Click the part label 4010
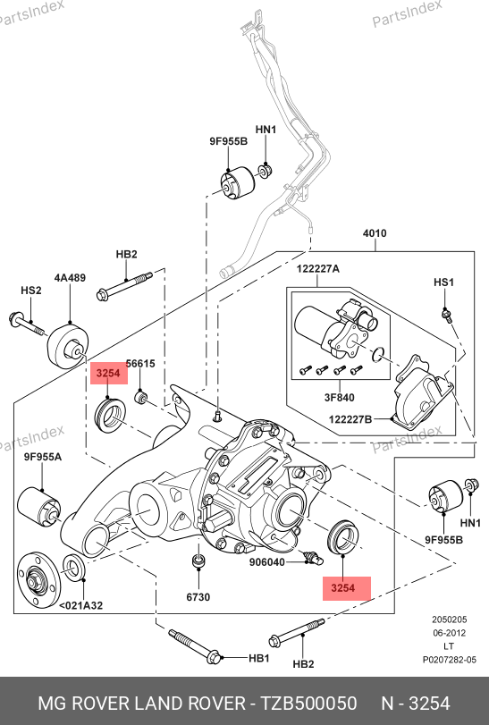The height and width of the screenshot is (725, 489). pos(375,233)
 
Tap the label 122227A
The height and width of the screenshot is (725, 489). pos(317,269)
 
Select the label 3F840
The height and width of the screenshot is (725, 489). pos(339,397)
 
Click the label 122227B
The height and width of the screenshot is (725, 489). pos(350,419)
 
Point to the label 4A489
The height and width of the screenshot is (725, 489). pos(70,278)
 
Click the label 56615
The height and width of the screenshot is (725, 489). pos(140,364)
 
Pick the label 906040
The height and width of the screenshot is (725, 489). pos(267,562)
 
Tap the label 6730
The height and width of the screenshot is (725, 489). pos(198,597)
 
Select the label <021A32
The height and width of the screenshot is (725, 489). pos(81,606)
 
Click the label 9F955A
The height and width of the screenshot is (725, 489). pos(43,457)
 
